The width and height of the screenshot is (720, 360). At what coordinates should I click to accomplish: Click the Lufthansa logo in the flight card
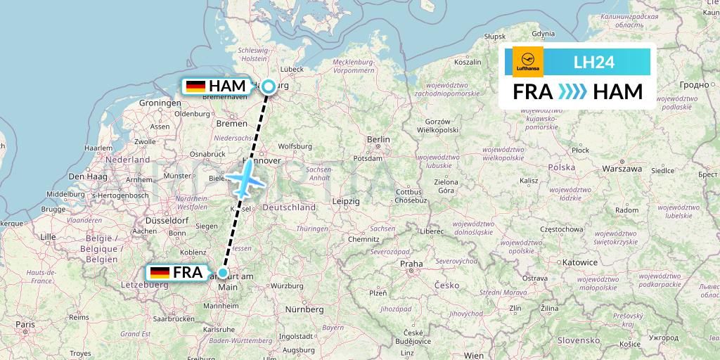528,62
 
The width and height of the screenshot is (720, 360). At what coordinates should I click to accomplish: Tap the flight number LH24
594,62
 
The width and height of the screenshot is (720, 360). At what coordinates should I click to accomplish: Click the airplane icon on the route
245,179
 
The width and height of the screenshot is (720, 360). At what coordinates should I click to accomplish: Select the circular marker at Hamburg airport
269,86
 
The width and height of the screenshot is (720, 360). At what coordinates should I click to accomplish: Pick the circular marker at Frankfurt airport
223,273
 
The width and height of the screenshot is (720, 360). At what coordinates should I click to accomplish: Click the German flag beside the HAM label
195,86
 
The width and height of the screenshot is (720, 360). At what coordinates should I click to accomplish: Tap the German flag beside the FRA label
160,273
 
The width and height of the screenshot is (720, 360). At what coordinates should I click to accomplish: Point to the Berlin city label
378,139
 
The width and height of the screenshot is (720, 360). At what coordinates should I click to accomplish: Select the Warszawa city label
622,169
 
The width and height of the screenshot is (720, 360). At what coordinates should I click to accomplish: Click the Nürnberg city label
304,309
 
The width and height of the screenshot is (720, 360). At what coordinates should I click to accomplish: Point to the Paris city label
26,324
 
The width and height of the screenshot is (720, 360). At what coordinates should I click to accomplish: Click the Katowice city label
580,262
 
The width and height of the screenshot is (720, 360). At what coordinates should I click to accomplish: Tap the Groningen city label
160,103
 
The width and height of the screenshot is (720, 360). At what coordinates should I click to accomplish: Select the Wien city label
474,356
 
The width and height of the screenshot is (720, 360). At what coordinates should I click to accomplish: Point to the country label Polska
562,167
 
